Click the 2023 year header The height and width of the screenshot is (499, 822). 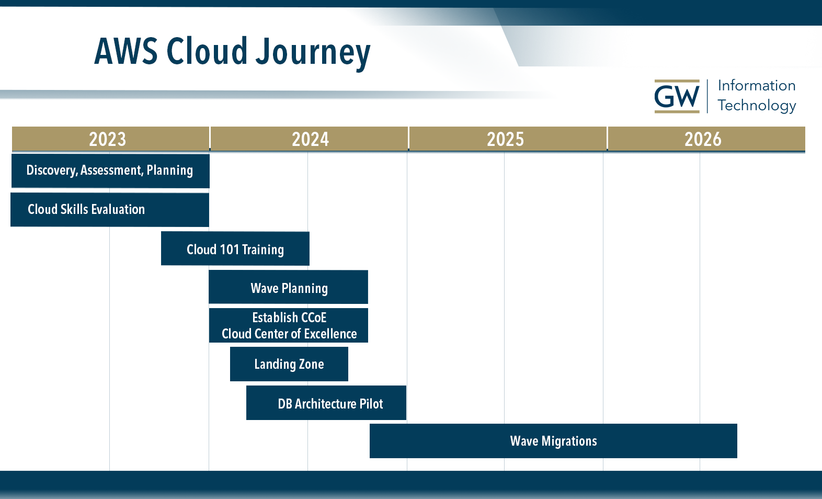coord(107,139)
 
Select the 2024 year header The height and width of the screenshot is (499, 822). coord(310,139)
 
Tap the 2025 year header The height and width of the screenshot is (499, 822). coord(505,139)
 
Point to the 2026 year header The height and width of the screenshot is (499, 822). coord(703,139)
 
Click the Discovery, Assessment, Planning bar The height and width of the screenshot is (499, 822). coord(110,171)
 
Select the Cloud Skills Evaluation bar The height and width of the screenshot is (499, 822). coord(109,210)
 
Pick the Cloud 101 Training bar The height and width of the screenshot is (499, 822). coord(235,249)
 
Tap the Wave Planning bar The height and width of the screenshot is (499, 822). coord(289,287)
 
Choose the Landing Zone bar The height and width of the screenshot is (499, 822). coord(289,364)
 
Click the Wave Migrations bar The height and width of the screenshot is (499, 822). coord(553,441)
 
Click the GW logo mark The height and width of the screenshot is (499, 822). coord(677,97)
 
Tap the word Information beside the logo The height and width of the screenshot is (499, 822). coord(756,86)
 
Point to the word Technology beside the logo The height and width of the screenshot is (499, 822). coord(756,106)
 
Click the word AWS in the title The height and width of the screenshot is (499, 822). coord(126,51)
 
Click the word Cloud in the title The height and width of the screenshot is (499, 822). coord(207,51)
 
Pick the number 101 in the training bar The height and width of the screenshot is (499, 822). coord(229,249)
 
